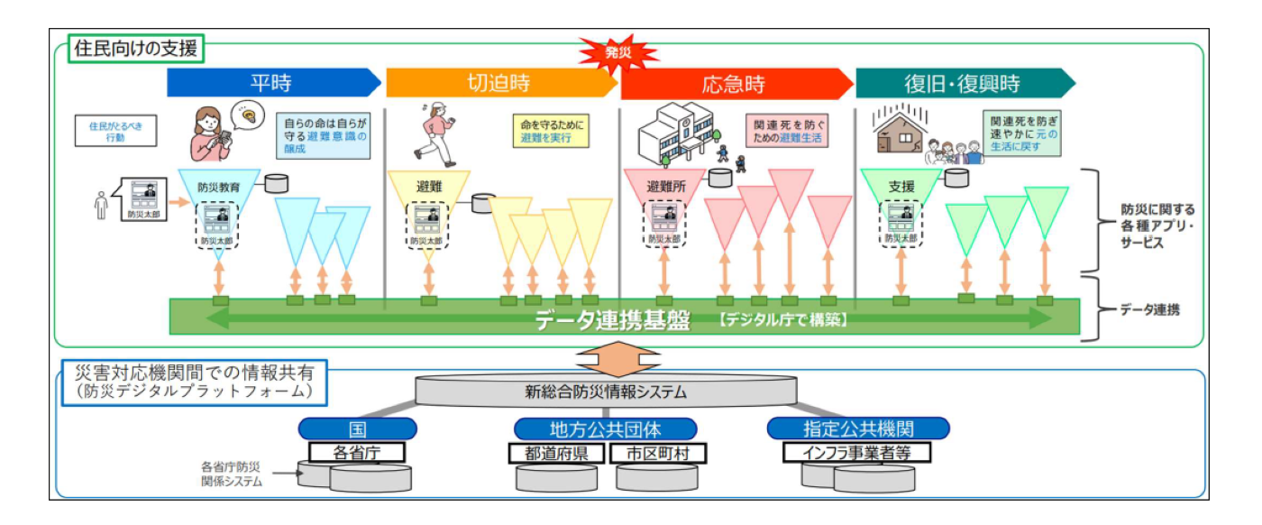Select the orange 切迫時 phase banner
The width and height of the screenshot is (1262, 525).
click(498, 84)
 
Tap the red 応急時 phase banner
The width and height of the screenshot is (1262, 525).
click(734, 84)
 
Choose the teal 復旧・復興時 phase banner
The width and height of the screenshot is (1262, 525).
click(962, 84)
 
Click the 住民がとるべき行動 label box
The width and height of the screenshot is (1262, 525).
click(115, 132)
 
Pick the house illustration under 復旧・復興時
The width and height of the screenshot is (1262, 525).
click(901, 131)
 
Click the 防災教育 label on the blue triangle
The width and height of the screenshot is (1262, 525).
click(219, 188)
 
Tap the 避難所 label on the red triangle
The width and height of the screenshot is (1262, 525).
click(668, 187)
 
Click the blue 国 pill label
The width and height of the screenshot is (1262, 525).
click(357, 428)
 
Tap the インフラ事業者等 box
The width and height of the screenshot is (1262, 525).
click(856, 452)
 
